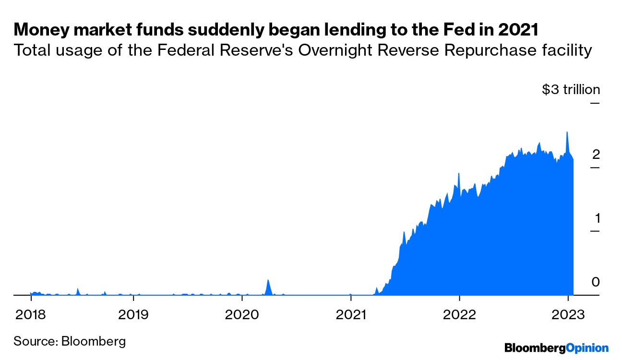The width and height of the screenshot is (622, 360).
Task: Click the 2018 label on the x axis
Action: click(31, 315)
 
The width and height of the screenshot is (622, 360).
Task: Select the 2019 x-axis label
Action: click(133, 315)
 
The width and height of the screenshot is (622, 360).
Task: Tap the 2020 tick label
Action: click(242, 315)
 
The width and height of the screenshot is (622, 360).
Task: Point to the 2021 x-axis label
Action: click(351, 315)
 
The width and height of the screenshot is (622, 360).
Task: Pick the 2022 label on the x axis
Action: click(459, 315)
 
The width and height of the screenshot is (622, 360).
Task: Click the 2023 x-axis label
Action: click(568, 315)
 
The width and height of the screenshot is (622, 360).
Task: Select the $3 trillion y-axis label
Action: click(571, 90)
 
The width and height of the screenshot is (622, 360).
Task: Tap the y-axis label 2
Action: click(596, 155)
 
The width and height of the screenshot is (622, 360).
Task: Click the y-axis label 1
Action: click(597, 218)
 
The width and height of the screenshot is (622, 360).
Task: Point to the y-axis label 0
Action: click(596, 282)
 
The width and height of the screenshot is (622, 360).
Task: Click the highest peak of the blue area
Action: click(567, 132)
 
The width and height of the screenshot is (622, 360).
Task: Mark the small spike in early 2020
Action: click(268, 280)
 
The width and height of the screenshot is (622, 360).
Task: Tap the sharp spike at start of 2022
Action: click(459, 173)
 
